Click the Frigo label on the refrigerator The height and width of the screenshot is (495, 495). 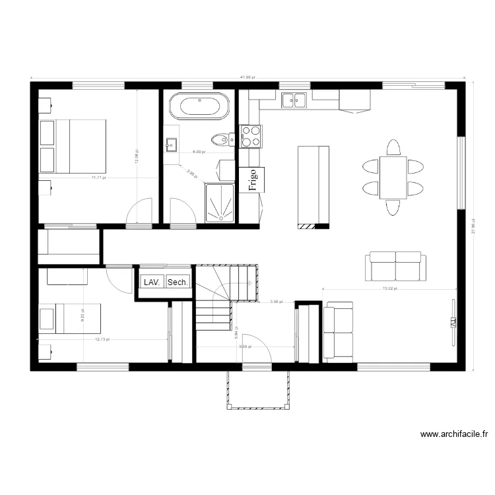251,179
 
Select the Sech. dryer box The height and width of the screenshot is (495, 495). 178,282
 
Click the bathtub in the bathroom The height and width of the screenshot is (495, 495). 199,106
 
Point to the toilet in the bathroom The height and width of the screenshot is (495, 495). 220,139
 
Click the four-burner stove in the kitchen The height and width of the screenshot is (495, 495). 250,136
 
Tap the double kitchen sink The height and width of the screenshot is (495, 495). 294,100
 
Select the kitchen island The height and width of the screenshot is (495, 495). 313,186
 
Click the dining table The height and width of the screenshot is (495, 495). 393,178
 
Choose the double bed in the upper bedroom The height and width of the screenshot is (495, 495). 73,147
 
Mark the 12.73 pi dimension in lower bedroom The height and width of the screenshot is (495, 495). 102,340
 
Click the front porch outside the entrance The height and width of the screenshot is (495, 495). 258,389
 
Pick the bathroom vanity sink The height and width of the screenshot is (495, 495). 171,144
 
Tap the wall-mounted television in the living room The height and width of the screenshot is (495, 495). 453,321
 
